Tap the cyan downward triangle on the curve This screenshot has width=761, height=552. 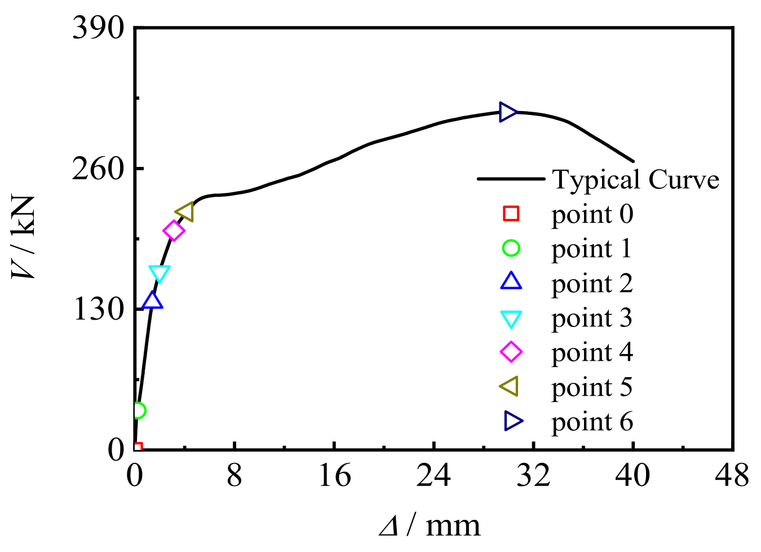tap(160, 273)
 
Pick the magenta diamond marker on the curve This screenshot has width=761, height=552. tap(174, 231)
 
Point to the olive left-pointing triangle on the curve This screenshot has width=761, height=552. tap(185, 212)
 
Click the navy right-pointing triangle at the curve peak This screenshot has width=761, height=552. tap(508, 112)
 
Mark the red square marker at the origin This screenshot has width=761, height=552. tap(137, 448)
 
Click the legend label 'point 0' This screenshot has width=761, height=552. tap(592, 214)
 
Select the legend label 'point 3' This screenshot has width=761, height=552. tap(592, 319)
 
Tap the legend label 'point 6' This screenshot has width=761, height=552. tap(592, 422)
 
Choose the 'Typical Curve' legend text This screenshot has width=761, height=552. tap(635, 180)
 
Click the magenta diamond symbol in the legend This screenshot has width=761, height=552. tap(511, 352)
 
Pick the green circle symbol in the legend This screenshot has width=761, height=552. tap(511, 248)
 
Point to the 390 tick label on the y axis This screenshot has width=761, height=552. tap(98, 27)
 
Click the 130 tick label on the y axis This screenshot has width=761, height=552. tap(98, 309)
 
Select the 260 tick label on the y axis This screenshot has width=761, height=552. tap(98, 168)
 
